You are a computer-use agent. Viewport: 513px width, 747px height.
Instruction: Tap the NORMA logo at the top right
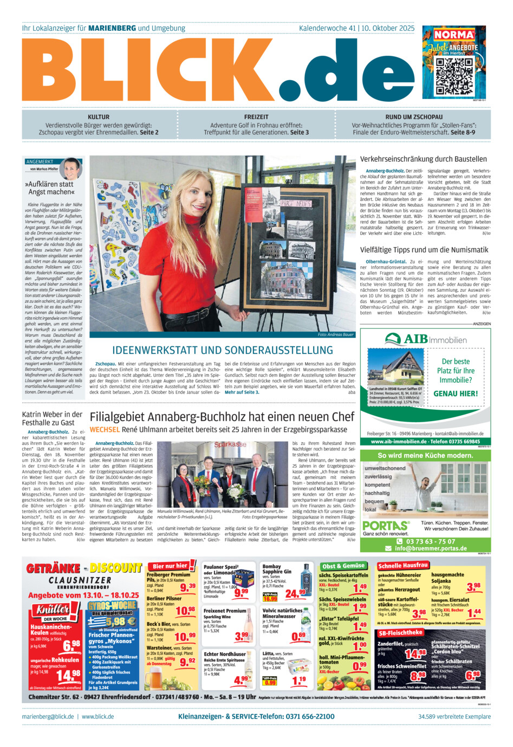point(454,35)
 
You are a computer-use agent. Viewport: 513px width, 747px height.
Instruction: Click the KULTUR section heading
point(99,117)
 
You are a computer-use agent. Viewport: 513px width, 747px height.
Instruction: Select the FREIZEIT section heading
point(256,117)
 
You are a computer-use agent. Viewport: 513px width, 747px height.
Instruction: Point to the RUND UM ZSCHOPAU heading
point(414,117)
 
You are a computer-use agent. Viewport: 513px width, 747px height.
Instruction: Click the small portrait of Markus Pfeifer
point(72,168)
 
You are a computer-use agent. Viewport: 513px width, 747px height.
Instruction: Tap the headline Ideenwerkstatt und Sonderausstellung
point(223,350)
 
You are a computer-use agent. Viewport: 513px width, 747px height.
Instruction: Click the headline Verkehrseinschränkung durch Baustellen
point(423,159)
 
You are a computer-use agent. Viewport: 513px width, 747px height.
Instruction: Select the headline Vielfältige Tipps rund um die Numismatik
point(424,250)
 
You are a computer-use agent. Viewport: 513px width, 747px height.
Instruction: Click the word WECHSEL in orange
point(105,429)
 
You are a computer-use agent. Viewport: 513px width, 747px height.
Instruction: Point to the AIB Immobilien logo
point(425,339)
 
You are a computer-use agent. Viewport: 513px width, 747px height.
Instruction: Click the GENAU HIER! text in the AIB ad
point(456,394)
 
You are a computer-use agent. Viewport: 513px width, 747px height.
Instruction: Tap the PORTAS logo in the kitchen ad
point(385,526)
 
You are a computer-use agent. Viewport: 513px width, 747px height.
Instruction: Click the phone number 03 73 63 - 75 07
point(431,541)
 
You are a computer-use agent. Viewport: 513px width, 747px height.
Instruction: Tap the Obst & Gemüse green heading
point(343,566)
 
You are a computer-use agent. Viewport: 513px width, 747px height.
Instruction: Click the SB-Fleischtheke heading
point(400,632)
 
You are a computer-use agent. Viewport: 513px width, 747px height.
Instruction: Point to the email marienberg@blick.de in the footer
point(48,716)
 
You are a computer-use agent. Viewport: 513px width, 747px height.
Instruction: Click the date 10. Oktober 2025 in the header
point(388,28)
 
